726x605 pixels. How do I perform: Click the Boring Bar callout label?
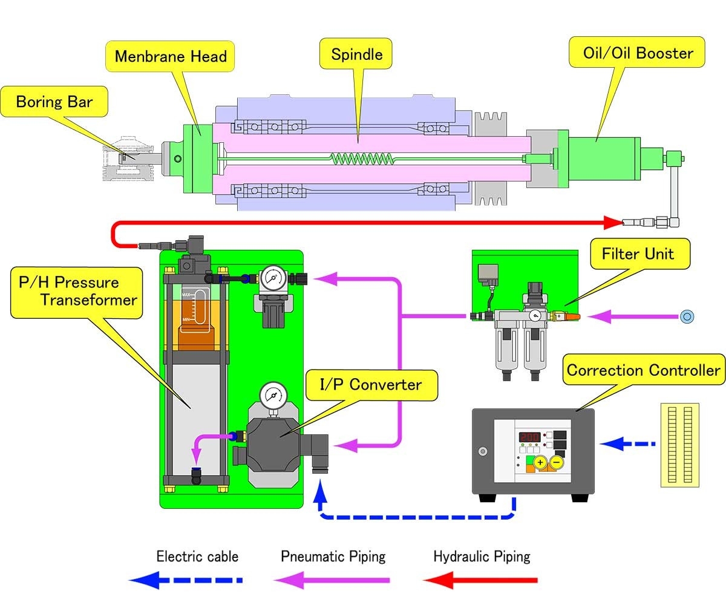[x=54, y=101]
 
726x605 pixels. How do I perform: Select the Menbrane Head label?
[x=171, y=57]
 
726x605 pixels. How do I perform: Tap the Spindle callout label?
[x=357, y=54]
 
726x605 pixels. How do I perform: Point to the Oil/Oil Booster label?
[x=638, y=53]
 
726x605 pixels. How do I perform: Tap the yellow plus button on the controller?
[x=540, y=463]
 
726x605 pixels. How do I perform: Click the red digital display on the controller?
[x=529, y=437]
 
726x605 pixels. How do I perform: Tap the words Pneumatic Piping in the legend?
[x=333, y=557]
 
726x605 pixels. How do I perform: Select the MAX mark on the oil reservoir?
[x=186, y=295]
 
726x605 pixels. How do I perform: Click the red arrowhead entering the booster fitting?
[x=615, y=223]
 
